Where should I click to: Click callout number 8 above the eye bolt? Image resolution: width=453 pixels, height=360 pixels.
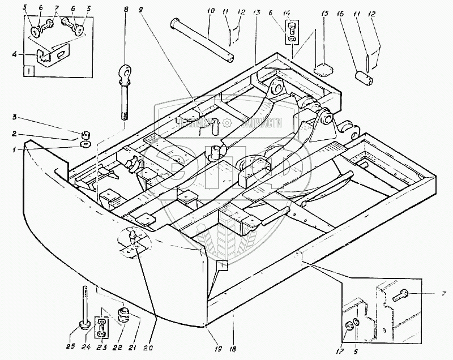[x=126, y=10]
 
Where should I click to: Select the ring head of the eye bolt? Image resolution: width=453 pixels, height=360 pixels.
[x=125, y=73]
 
